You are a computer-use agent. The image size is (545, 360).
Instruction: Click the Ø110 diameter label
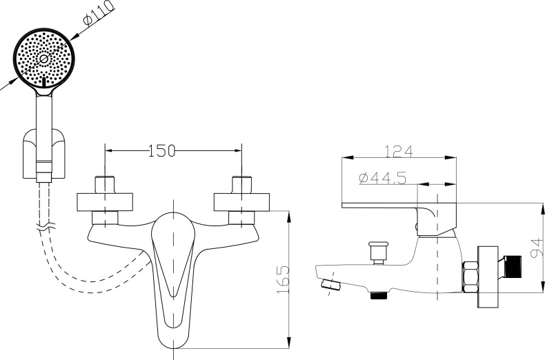99,13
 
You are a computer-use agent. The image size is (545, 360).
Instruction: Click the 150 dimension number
161,151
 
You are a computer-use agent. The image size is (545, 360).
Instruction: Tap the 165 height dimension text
284,279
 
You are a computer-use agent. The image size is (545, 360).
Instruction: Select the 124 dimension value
399,152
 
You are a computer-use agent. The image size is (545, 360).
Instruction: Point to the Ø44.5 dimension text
383,178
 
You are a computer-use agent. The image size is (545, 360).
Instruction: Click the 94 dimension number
537,248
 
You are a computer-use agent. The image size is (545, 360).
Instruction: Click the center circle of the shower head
43,59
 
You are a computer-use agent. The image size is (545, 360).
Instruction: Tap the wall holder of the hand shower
43,154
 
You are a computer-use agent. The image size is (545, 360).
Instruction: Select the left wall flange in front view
105,202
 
